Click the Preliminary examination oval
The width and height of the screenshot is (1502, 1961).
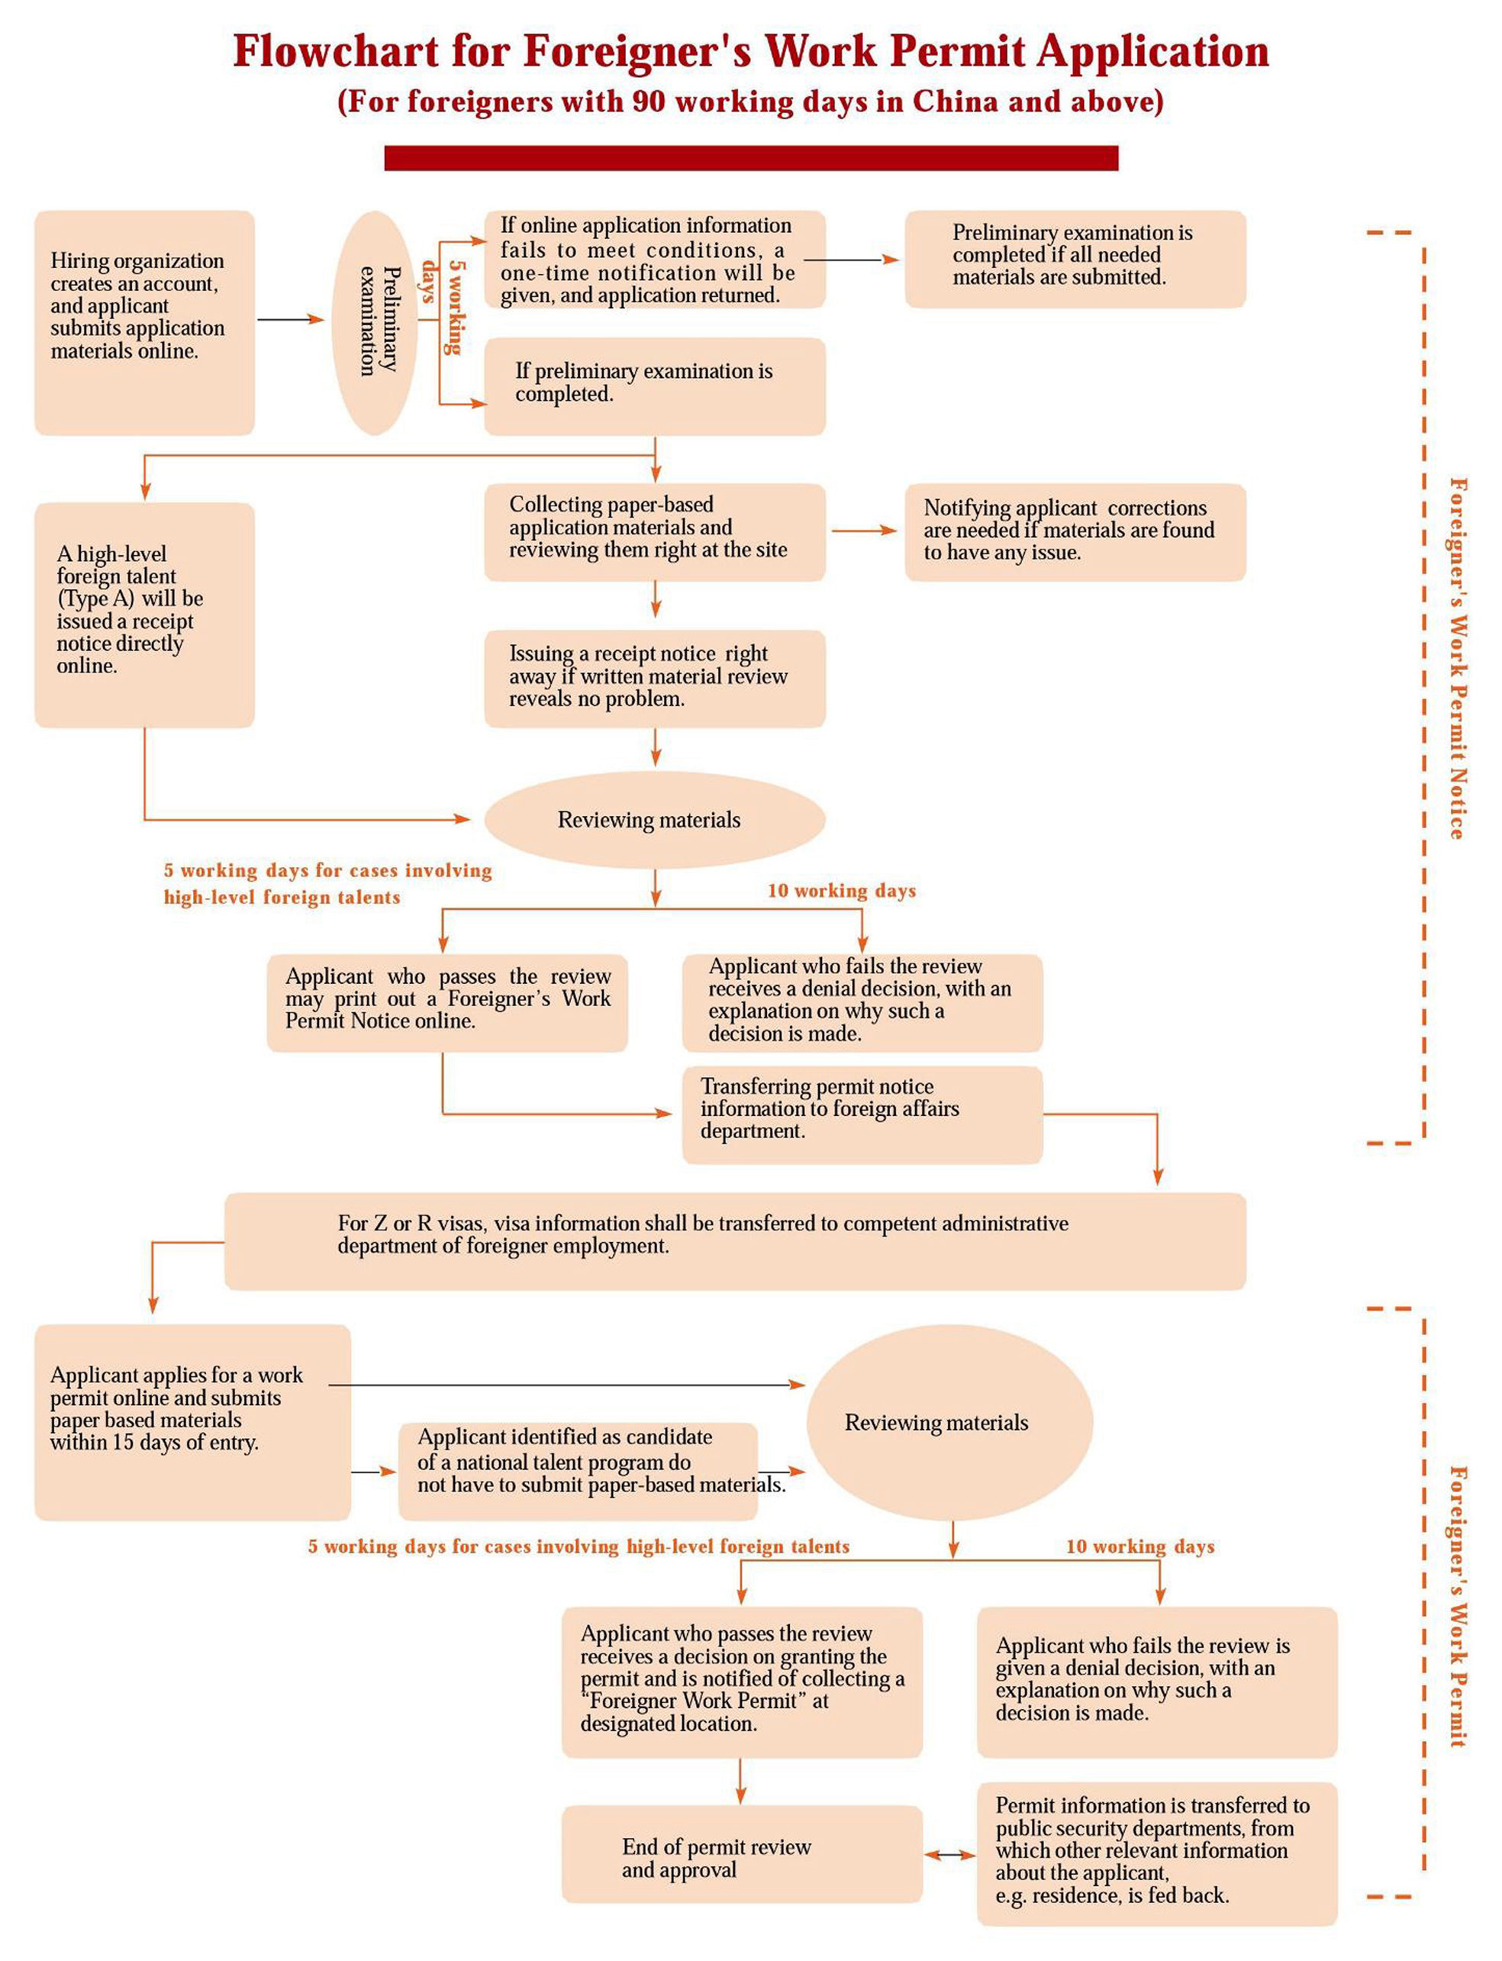pos(375,323)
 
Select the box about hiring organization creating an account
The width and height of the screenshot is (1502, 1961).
pos(145,323)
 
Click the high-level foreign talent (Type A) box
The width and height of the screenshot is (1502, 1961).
pos(145,615)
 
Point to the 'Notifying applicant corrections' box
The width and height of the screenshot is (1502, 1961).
pos(1075,532)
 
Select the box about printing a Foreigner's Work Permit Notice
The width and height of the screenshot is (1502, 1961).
pos(447,1003)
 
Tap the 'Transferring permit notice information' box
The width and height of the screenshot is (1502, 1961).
pos(862,1115)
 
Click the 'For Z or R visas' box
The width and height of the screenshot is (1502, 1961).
pos(735,1241)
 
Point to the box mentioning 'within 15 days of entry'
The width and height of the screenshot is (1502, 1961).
pos(193,1423)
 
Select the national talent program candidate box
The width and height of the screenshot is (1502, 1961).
pos(579,1471)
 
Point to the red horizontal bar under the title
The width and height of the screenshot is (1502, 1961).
pos(751,157)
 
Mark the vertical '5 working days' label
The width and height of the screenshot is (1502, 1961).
pos(443,307)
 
